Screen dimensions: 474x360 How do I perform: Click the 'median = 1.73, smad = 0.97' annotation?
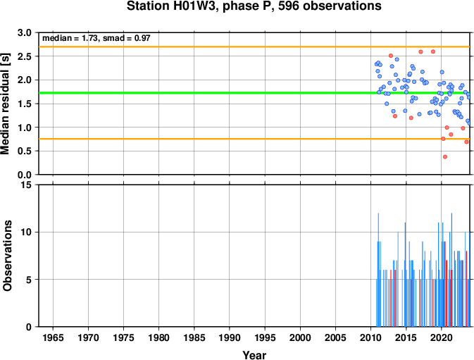point(96,38)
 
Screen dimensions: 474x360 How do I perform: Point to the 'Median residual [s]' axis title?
point(5,104)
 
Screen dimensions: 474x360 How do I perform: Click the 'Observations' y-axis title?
point(7,256)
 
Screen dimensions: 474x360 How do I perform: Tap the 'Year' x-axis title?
point(254,355)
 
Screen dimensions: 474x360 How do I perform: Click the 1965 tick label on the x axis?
point(53,337)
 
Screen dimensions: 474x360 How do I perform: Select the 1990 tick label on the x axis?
point(230,337)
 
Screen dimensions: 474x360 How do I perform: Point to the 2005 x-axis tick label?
point(335,337)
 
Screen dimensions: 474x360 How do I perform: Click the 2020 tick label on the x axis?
point(442,337)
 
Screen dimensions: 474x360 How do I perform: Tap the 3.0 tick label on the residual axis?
point(25,32)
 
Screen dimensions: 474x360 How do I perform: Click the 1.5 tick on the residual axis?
point(25,104)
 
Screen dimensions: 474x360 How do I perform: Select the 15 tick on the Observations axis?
point(27,185)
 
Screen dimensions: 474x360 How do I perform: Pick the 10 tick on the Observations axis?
point(27,232)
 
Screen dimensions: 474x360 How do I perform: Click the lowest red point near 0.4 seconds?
point(445,157)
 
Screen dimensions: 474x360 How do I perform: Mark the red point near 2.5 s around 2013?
point(391,56)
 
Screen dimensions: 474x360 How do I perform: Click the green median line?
point(254,93)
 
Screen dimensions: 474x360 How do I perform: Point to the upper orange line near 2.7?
point(254,47)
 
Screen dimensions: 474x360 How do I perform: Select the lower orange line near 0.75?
point(254,139)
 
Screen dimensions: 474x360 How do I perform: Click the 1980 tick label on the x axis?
point(158,337)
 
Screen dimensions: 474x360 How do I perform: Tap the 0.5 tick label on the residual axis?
point(25,151)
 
